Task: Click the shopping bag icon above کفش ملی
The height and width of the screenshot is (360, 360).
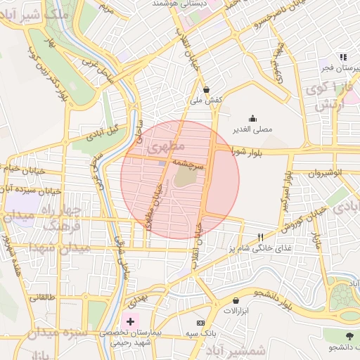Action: pos(206,90)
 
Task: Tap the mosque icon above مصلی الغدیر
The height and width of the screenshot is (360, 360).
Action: pos(252,118)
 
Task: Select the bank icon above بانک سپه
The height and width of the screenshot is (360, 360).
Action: pos(201,321)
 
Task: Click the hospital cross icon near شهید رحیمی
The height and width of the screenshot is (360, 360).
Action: pos(131,321)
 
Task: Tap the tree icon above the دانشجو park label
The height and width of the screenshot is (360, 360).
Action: pos(349,336)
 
